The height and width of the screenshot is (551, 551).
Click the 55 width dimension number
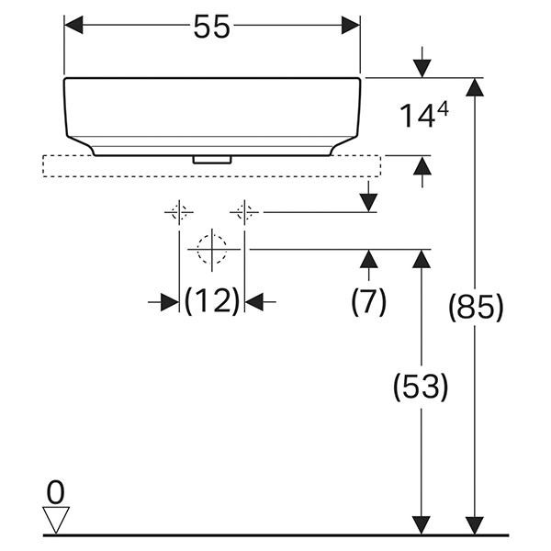tap(211, 28)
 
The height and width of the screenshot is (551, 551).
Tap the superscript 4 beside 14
tap(444, 108)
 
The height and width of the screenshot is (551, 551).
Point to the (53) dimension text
tap(421, 388)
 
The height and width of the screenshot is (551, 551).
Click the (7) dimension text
tap(369, 301)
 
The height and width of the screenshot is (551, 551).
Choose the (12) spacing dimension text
tap(212, 300)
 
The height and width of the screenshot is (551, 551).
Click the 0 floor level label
tap(57, 493)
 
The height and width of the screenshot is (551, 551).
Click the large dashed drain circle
tap(211, 248)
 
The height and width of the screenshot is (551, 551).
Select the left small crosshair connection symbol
tap(178, 213)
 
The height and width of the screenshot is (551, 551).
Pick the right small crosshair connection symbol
tap(244, 213)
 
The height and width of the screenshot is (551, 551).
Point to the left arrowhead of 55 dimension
tap(73, 27)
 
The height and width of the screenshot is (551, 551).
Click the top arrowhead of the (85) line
tap(475, 87)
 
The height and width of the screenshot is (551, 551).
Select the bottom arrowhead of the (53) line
tap(421, 524)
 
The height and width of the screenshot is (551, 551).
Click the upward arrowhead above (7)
tap(369, 258)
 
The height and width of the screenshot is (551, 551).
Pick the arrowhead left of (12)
tap(169, 301)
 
